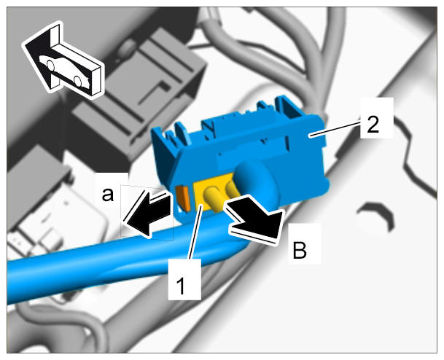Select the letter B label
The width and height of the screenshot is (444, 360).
click(300, 250)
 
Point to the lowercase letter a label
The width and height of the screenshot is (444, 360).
click(108, 195)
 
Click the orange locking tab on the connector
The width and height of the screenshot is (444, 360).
click(183, 197)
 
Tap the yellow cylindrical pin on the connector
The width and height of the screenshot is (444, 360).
click(213, 199)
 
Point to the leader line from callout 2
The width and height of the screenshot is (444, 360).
click(335, 129)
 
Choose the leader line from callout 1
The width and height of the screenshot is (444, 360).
click(195, 232)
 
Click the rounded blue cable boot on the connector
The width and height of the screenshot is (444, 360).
click(255, 181)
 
